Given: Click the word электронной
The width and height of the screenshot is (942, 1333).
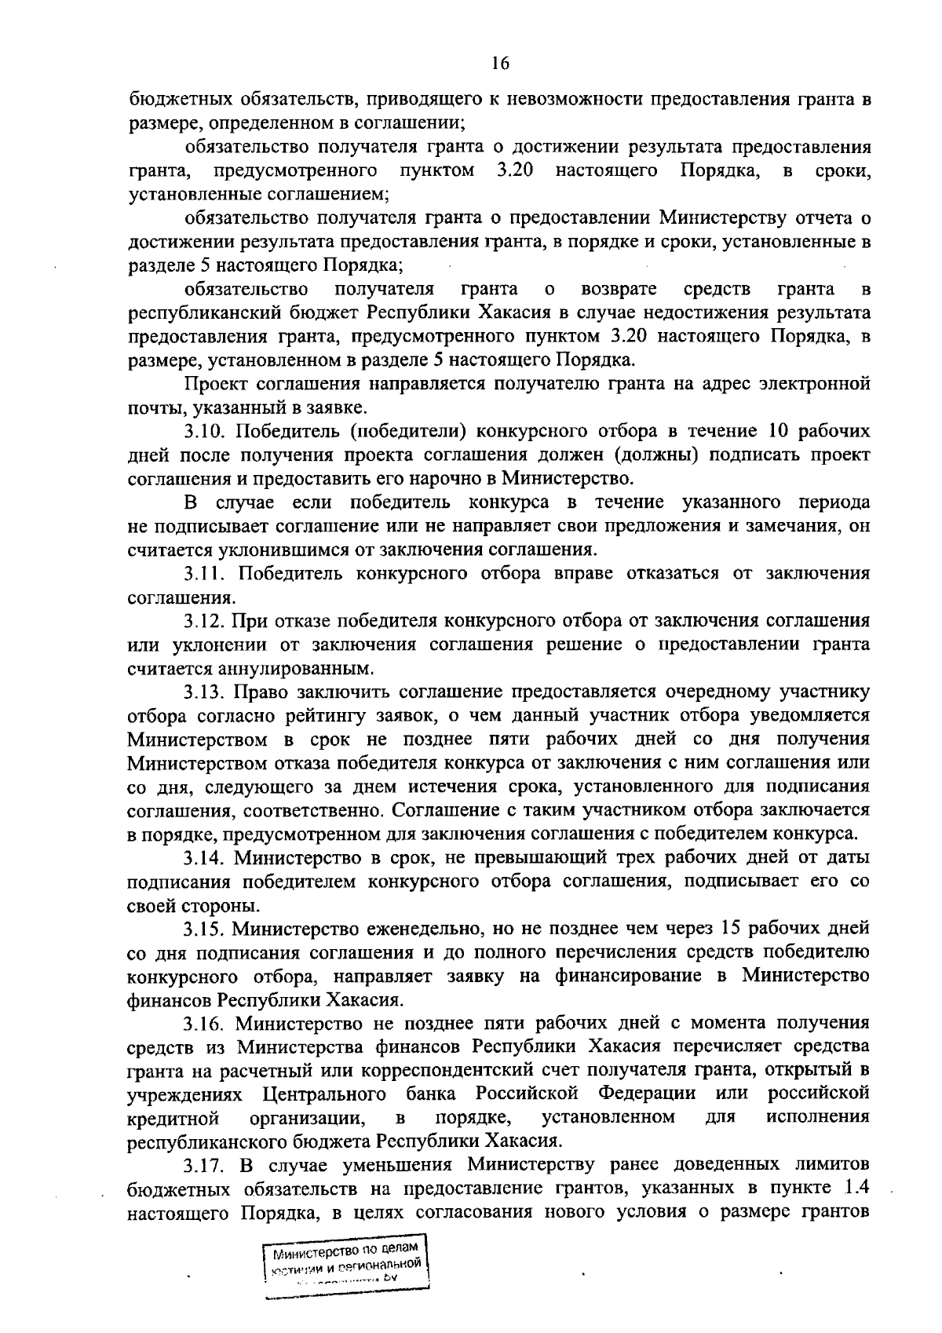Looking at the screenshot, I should coord(816,385).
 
